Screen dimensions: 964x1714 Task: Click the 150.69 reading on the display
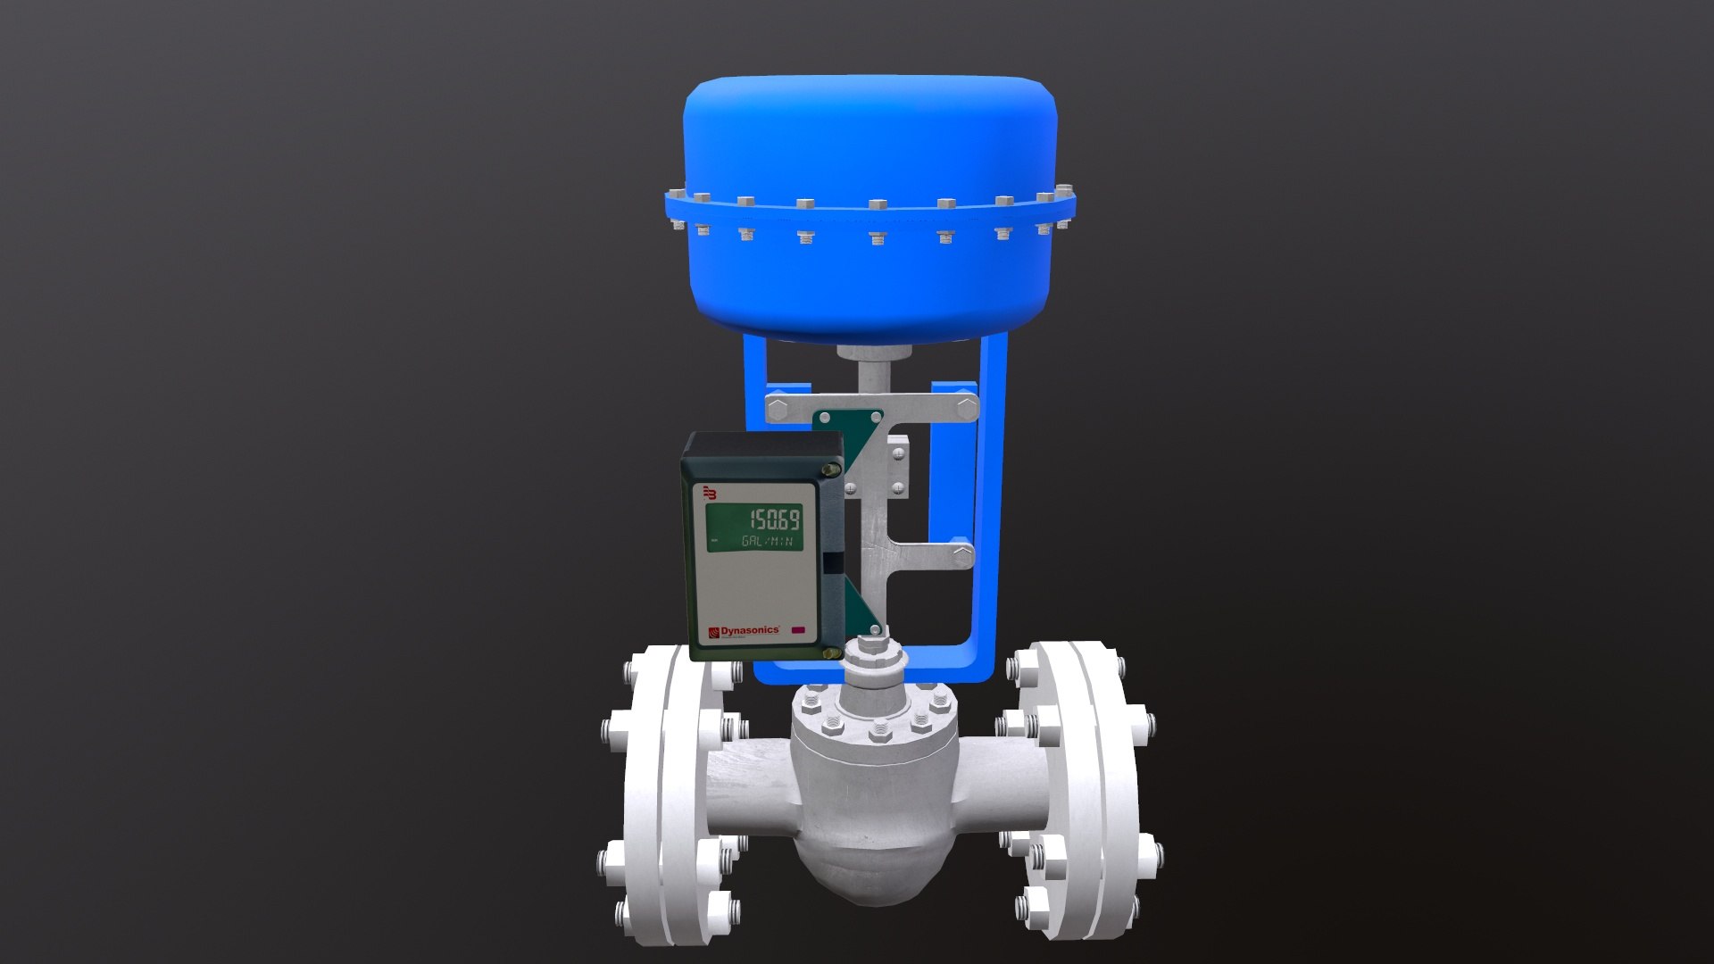(773, 519)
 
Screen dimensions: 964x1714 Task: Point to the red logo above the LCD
(711, 492)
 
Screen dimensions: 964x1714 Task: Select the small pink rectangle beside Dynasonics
(797, 631)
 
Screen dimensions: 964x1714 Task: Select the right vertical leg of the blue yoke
(994, 500)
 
